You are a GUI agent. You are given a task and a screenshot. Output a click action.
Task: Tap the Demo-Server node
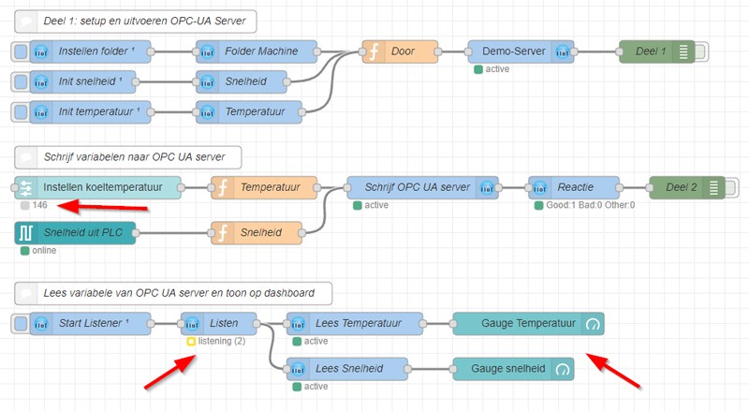pyautogui.click(x=519, y=52)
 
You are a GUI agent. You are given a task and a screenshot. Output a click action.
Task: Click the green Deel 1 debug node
pyautogui.click(x=655, y=52)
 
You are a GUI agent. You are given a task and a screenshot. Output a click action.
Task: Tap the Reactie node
pyautogui.click(x=574, y=188)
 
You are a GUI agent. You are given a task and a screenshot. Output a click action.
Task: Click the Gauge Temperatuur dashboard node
pyautogui.click(x=528, y=324)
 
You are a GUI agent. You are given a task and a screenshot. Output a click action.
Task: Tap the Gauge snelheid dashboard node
pyautogui.click(x=513, y=369)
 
